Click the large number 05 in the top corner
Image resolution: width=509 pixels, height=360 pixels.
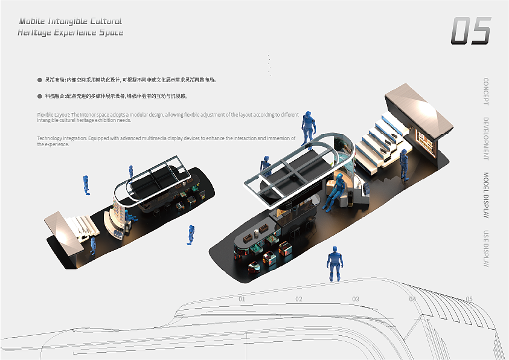(x=471, y=30)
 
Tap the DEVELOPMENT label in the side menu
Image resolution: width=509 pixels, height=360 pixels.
(x=486, y=138)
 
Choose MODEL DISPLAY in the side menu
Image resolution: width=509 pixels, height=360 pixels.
(x=486, y=195)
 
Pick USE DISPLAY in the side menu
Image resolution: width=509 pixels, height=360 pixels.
(x=486, y=249)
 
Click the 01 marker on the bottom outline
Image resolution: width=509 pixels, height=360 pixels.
(x=242, y=299)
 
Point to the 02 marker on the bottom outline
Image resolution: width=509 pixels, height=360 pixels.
(x=299, y=299)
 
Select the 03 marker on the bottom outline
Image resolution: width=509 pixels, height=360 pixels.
(x=356, y=299)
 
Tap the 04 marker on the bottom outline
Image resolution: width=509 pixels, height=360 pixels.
(x=412, y=299)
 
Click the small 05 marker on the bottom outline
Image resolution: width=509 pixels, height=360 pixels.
(x=469, y=299)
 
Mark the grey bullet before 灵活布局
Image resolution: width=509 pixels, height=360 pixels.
(x=40, y=79)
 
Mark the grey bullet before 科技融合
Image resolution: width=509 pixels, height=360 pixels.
(x=40, y=96)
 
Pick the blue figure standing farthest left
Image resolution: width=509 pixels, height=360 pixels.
(x=86, y=185)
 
